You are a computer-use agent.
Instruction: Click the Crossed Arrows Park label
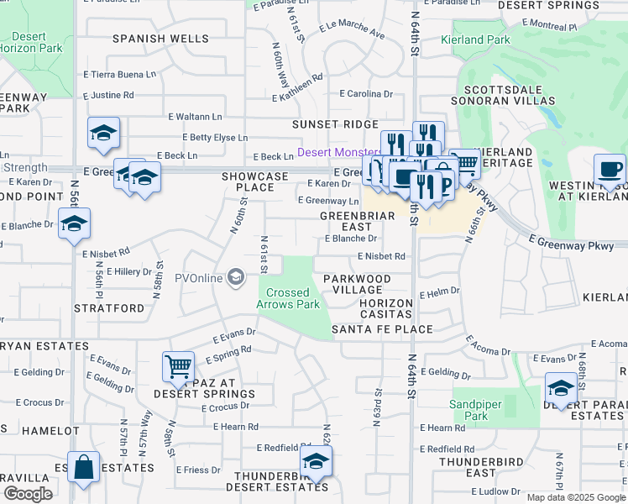288,298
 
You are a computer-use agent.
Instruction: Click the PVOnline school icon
236,277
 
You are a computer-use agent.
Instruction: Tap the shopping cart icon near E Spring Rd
178,365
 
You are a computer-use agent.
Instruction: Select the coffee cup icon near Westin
610,168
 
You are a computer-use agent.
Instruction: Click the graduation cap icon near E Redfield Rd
316,459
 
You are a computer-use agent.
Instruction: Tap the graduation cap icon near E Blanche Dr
74,223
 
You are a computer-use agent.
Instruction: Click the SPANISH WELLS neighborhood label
160,39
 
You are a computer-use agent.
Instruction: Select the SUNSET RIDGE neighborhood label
335,124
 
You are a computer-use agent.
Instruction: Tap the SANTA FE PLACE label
382,329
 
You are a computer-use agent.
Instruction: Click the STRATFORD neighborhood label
109,308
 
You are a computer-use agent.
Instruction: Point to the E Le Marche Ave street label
352,33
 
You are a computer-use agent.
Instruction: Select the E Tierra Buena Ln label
120,74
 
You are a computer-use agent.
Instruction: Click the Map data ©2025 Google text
576,497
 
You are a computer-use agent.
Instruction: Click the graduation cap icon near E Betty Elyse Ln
103,132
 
